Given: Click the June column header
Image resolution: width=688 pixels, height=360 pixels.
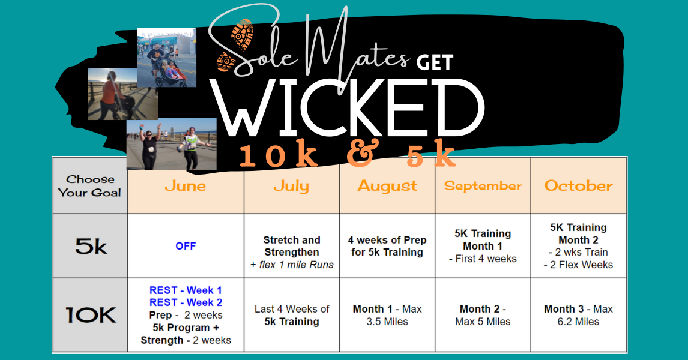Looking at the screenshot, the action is pos(186,186).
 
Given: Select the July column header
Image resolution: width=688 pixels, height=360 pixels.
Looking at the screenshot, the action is pos(291,187).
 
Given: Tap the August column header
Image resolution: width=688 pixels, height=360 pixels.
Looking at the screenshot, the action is pos(387,187).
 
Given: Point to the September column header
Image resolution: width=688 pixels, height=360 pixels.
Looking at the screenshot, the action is pos(483,187).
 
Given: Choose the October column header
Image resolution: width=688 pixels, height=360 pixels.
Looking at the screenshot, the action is pos(578,186).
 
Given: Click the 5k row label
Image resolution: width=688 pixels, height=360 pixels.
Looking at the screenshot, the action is pos(91,247).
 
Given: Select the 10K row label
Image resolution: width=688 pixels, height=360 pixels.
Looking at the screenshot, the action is pos(91,315).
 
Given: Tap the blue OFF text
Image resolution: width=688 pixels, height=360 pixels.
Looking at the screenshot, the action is pos(186,246).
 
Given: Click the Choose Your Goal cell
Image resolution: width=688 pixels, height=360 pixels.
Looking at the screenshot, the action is pos(90,186).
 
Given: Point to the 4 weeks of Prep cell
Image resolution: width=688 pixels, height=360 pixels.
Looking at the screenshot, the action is pos(387,246).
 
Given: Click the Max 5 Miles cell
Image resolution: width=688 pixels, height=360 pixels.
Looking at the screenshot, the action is pos(483,315).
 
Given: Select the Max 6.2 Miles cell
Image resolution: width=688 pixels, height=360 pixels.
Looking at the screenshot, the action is pos(578,315).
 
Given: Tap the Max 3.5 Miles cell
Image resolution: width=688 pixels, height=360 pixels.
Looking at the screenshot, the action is pos(387,315).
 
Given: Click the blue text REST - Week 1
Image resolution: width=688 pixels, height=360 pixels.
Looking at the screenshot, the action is pos(186,290).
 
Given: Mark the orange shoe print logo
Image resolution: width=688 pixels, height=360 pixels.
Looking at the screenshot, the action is pos(235,45).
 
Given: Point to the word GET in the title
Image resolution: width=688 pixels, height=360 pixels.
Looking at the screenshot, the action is pos(435,63).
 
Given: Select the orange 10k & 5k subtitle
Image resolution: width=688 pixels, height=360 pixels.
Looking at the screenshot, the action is pos(348,155).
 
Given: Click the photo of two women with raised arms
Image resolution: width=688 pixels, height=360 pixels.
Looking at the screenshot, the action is pos(172,144).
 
